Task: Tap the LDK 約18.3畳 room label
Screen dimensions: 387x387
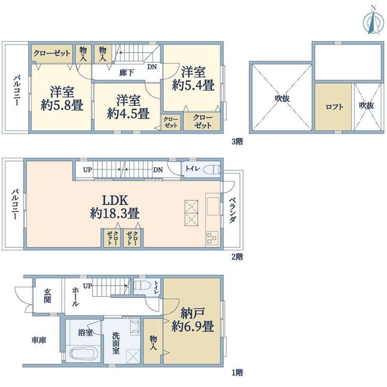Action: point(115,207)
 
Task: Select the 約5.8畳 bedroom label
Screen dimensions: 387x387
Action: point(62,99)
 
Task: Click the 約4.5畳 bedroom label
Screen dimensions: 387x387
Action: point(128,107)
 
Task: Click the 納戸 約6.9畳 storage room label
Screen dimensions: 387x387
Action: point(193,320)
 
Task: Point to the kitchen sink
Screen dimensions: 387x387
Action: point(213,206)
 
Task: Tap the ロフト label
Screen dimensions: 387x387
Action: point(334,107)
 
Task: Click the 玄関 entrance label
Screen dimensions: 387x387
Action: point(48,296)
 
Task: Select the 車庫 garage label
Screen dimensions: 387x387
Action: point(39,340)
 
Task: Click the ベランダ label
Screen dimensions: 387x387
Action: point(232,210)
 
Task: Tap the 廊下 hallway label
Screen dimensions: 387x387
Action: point(127,72)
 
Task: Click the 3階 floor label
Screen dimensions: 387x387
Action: point(237,141)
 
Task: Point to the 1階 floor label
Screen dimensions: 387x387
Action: point(237,372)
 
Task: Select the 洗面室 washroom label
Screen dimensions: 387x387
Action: point(116,343)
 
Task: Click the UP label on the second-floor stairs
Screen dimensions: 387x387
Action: point(87,170)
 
